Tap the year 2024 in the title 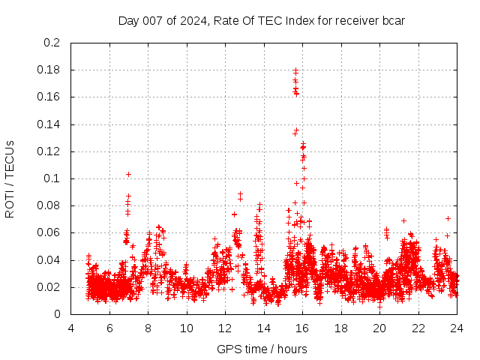[x=193, y=20]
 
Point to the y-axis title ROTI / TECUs [x=10, y=178]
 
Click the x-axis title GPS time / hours [x=262, y=349]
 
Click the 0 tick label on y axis [x=58, y=314]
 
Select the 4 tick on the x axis [x=71, y=328]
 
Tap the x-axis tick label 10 [x=187, y=328]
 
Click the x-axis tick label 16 [x=302, y=328]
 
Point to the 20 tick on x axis [x=379, y=328]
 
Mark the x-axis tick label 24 [x=457, y=328]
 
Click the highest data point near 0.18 [x=295, y=70]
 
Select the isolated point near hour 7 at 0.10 [x=128, y=174]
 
